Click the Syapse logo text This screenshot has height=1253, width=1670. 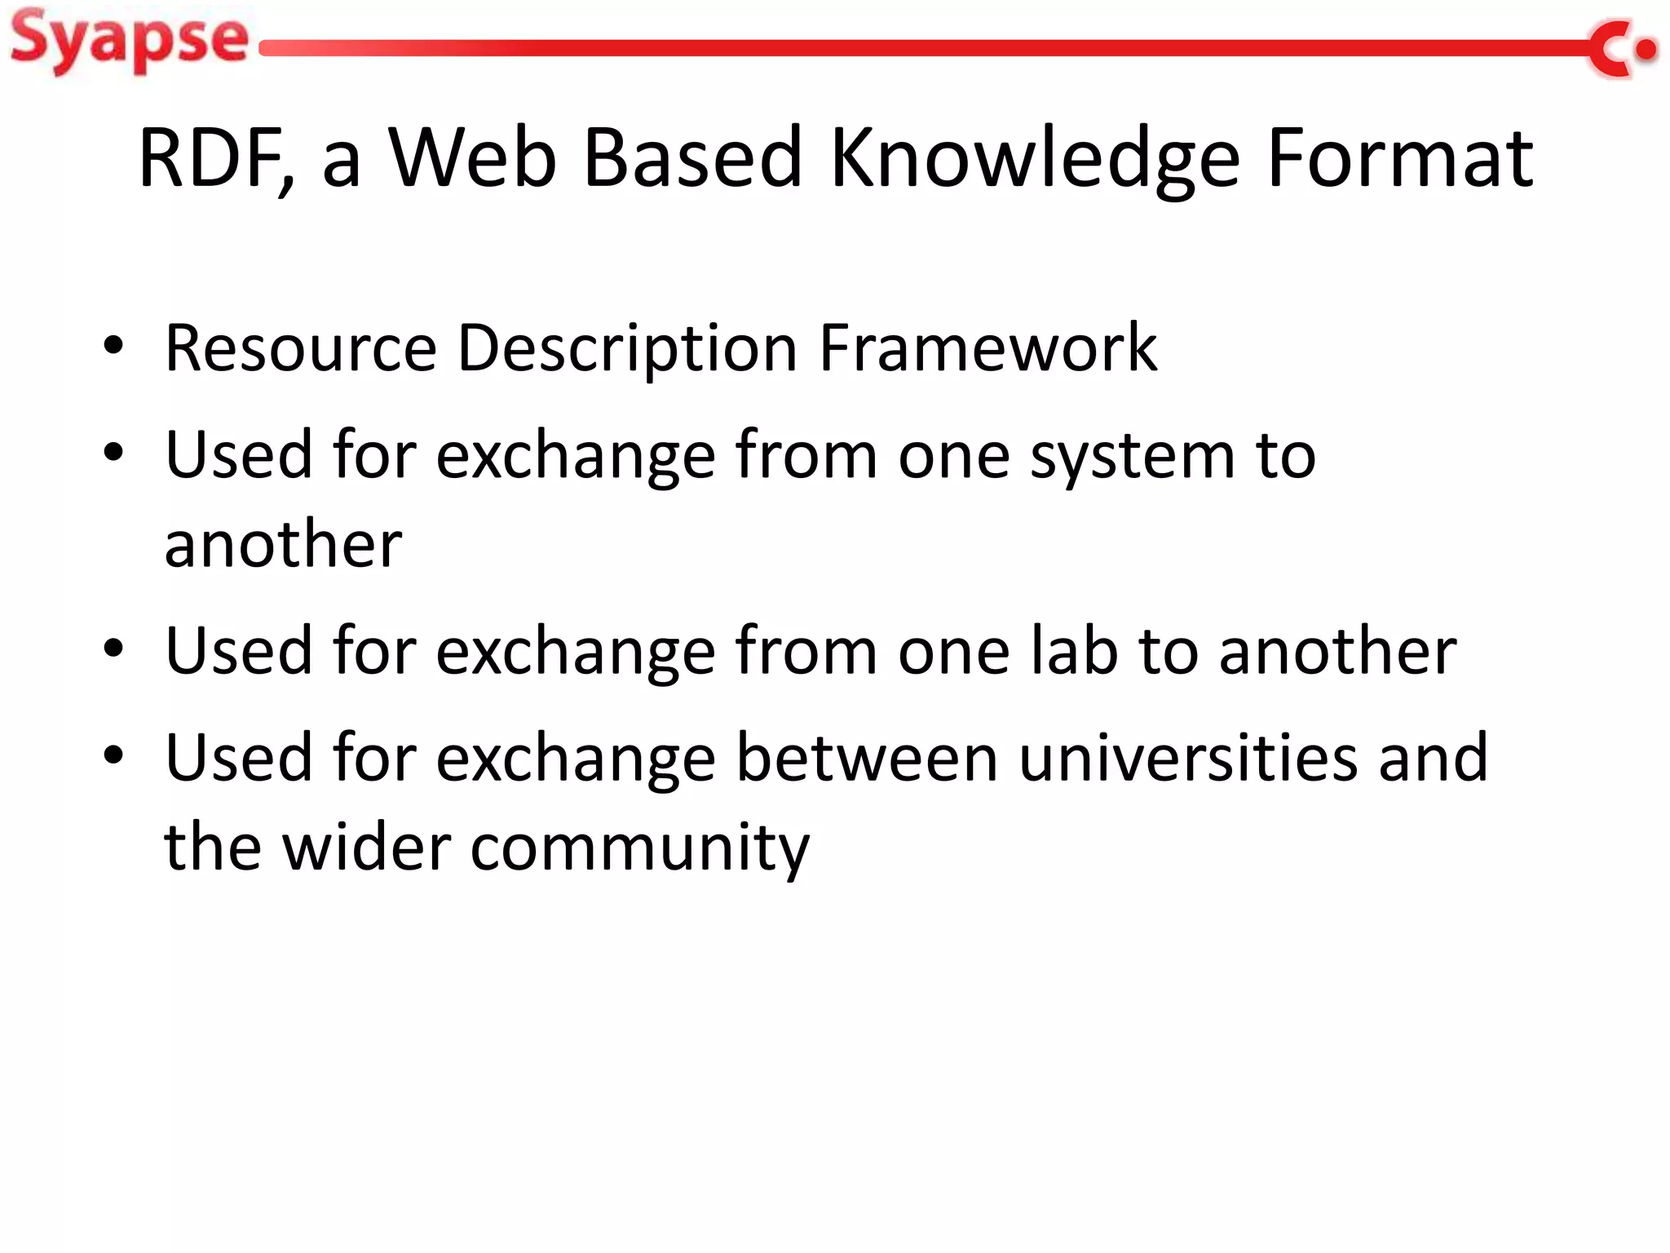point(129,41)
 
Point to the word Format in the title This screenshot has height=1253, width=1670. point(1399,158)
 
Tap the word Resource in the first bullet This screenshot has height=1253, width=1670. point(301,348)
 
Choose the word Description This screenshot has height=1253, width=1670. point(627,348)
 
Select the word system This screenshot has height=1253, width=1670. point(1133,455)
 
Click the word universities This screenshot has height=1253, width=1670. point(1188,757)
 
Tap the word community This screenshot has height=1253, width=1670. point(640,848)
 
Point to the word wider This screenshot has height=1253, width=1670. point(366,848)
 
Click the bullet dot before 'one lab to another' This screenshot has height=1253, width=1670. point(113,649)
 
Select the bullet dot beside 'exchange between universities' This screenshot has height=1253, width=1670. point(113,755)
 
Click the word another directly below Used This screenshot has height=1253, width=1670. point(283,544)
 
